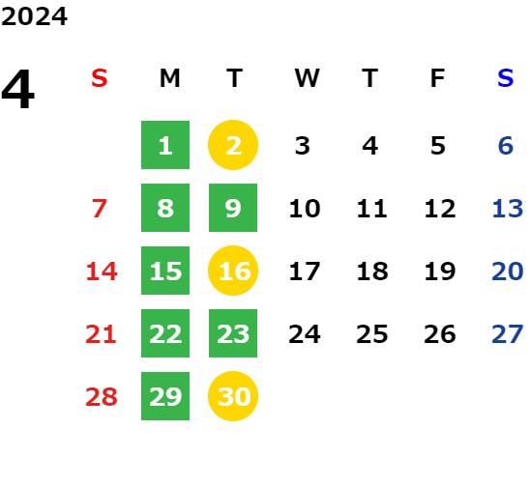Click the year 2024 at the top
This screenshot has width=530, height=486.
point(34,16)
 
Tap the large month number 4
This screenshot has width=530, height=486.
point(18,89)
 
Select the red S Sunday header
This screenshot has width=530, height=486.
point(99,78)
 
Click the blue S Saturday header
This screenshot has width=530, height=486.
point(505,78)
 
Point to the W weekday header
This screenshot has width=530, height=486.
point(307,78)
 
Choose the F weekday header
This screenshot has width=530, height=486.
point(438,78)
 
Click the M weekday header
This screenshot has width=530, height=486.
point(169,78)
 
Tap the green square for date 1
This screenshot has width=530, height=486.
point(165,145)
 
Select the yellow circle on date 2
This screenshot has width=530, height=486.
point(233,145)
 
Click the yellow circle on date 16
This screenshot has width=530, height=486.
point(233,271)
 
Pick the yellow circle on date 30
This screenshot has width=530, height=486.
point(233,396)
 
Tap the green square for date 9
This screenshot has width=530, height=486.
point(233,208)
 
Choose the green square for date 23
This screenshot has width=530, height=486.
point(233,333)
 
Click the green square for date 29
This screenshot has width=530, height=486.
point(165,396)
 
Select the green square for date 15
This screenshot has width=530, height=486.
point(165,271)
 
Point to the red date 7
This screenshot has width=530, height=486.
point(100,208)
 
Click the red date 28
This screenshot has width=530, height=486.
point(102,396)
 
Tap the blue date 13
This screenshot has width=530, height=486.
point(508,208)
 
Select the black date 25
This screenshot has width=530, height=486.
point(372,333)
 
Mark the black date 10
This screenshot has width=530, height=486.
point(305,208)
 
